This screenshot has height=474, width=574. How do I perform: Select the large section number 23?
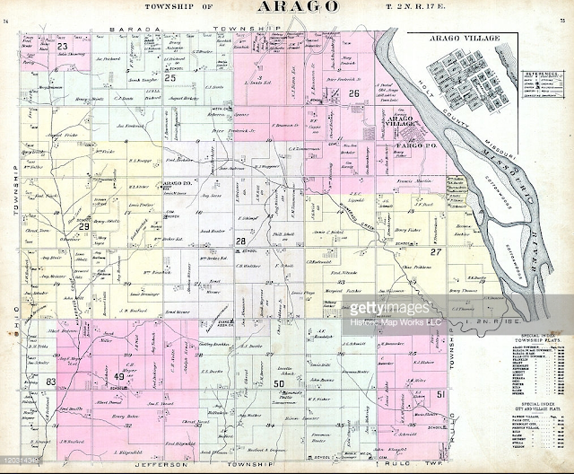coord(63,47)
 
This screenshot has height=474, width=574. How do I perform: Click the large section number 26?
coord(353,93)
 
